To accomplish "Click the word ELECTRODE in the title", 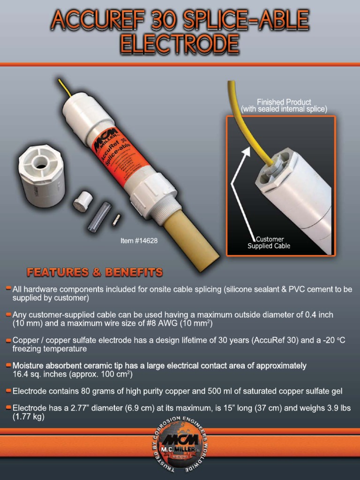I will pyautogui.click(x=180, y=45).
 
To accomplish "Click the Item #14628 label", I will pyautogui.click(x=139, y=241).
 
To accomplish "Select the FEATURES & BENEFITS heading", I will pyautogui.click(x=95, y=272).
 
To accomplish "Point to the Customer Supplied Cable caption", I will pyautogui.click(x=269, y=243).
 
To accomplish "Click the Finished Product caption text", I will pyautogui.click(x=284, y=105).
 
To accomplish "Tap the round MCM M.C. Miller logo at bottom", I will pyautogui.click(x=180, y=446).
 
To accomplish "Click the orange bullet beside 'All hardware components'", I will pyautogui.click(x=8, y=289).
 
